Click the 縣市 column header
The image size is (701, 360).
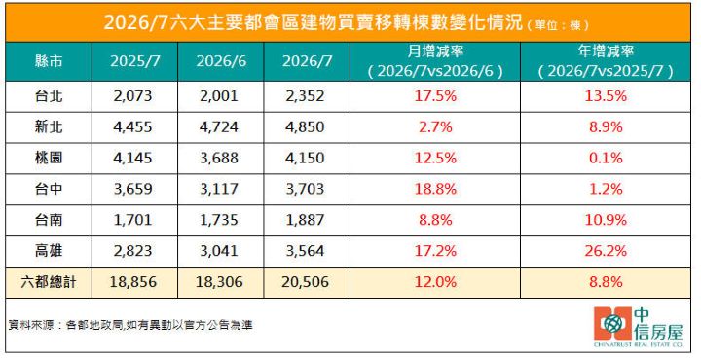[x=49, y=61]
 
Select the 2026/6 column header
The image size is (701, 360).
[x=221, y=61]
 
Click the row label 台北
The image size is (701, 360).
[x=49, y=96]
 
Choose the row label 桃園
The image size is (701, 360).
[x=49, y=159]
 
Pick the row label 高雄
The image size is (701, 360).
[x=49, y=251]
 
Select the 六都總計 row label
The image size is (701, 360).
[x=49, y=282]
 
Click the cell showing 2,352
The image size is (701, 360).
[x=306, y=96]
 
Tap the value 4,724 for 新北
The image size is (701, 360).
[x=219, y=126]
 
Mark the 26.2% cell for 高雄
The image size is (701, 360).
[x=606, y=251]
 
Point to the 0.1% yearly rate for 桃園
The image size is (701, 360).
[x=606, y=159]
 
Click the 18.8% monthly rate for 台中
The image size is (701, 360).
[x=435, y=189]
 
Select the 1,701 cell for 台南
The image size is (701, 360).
[x=132, y=220]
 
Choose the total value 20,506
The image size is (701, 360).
[x=306, y=282]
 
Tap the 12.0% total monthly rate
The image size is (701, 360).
[x=435, y=282]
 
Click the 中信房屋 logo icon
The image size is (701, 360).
[x=613, y=323]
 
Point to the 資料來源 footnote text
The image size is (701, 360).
[x=130, y=325]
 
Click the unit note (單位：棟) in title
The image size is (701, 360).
[x=558, y=25]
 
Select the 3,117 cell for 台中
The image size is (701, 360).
[x=219, y=189]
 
